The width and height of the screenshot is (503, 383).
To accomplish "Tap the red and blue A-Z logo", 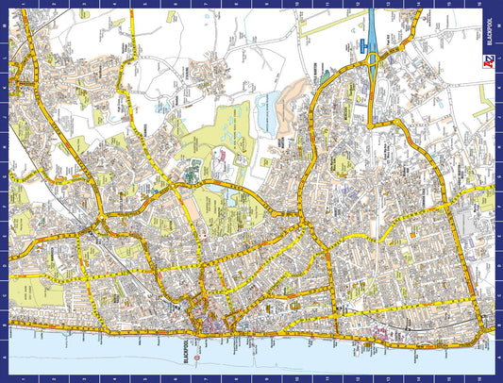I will (x=485, y=62).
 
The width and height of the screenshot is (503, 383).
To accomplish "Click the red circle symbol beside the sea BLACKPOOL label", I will (x=197, y=358).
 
